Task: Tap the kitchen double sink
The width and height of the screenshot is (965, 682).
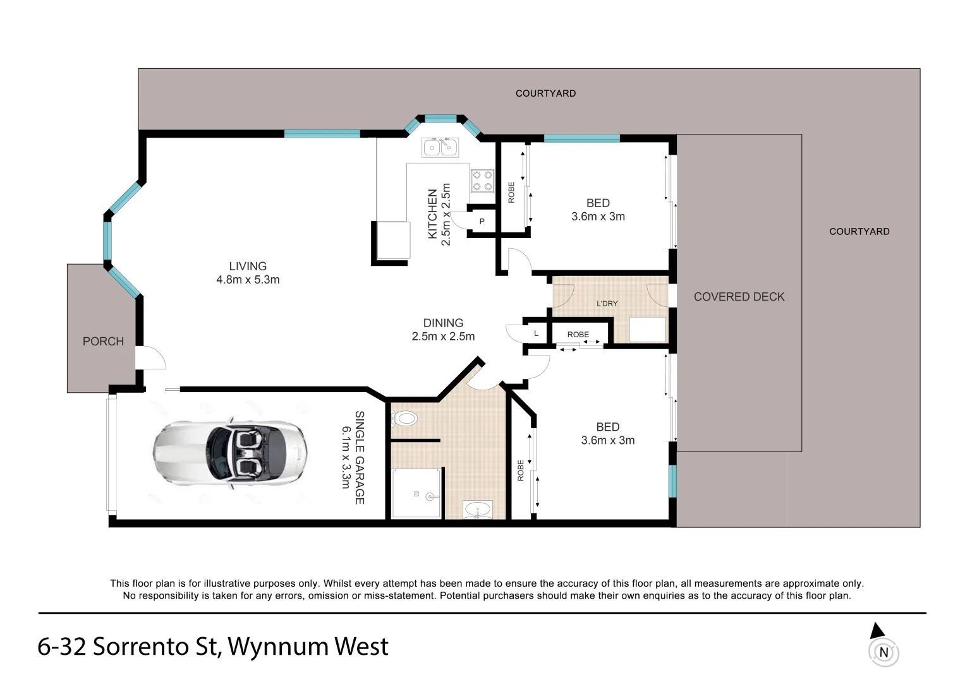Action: click(440, 147)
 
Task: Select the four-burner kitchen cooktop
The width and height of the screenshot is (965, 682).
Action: click(483, 181)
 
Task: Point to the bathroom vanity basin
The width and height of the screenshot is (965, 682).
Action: click(478, 509)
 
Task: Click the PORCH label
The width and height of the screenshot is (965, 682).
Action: click(103, 342)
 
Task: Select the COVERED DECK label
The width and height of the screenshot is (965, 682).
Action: click(739, 297)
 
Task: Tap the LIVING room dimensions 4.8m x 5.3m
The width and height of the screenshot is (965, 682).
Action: click(248, 280)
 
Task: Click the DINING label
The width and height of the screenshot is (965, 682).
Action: click(443, 323)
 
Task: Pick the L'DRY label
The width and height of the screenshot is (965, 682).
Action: click(607, 304)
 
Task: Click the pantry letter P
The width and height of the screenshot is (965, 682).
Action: click(482, 222)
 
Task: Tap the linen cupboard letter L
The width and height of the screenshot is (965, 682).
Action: click(536, 333)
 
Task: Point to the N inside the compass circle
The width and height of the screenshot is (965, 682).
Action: click(883, 652)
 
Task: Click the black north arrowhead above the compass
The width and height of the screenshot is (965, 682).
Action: click(876, 630)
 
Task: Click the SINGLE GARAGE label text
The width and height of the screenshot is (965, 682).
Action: click(360, 457)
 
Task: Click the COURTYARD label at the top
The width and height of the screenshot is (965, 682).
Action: click(545, 93)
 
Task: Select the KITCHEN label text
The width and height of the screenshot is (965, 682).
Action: click(433, 214)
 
